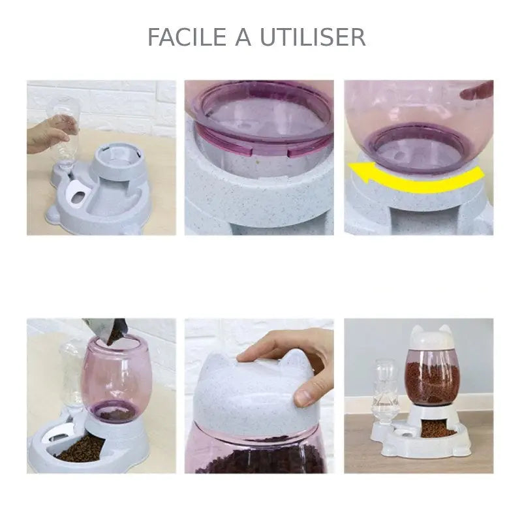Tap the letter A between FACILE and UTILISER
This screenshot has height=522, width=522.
[241, 37]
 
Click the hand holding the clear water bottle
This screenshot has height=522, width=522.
[44, 135]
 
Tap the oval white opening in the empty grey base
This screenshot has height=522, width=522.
[77, 193]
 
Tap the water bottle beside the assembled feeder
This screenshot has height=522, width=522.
[382, 391]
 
